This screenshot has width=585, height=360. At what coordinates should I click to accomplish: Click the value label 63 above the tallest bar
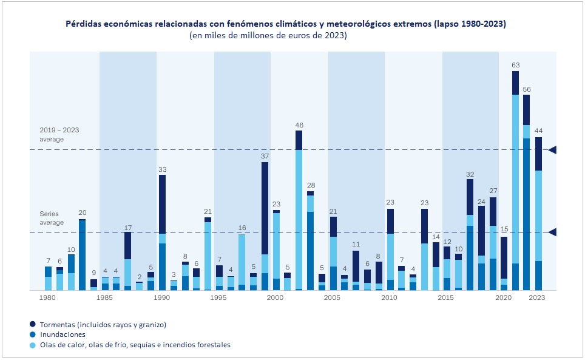click(x=515, y=64)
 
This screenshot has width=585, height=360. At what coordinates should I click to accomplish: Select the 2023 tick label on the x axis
click(x=537, y=298)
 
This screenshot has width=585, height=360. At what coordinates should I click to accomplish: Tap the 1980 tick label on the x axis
click(x=48, y=298)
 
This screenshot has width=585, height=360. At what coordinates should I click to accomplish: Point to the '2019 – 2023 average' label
click(x=59, y=134)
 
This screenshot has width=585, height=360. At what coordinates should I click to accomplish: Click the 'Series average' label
click(x=52, y=218)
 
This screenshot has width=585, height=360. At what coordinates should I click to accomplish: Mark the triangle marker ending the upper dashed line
click(x=552, y=149)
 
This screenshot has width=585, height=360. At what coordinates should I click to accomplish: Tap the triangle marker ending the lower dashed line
click(x=552, y=232)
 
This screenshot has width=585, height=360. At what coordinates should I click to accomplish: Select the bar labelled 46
click(x=299, y=210)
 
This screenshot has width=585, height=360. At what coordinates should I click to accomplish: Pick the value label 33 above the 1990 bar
click(x=162, y=169)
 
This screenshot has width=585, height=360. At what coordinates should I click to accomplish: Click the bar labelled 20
click(x=82, y=254)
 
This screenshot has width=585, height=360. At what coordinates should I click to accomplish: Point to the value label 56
click(x=527, y=88)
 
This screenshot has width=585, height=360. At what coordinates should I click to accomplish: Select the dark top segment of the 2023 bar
click(x=538, y=154)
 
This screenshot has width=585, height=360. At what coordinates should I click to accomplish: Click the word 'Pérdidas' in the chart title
click(x=83, y=24)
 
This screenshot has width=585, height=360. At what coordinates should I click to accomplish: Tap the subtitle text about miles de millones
click(x=268, y=36)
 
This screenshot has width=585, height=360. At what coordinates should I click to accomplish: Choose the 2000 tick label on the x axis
click(x=276, y=298)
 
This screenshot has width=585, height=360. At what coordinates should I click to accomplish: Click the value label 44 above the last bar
click(x=538, y=131)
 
